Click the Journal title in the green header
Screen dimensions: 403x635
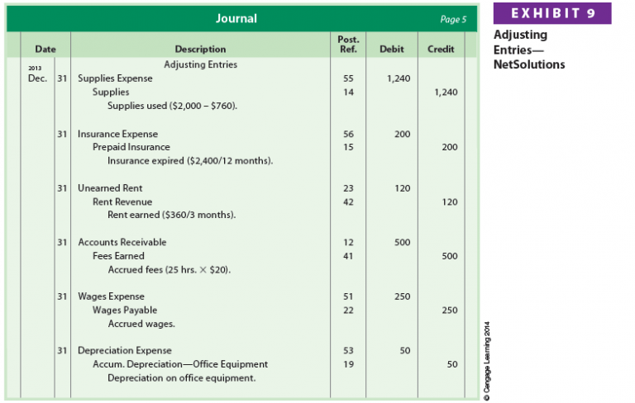coord(236,18)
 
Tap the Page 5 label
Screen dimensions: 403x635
coord(454,19)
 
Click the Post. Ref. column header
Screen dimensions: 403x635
coord(348,44)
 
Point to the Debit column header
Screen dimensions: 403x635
coord(391,50)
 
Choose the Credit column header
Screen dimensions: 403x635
coord(441,50)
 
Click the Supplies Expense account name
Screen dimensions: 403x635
coord(115,78)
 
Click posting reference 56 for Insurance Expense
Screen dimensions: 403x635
coord(348,134)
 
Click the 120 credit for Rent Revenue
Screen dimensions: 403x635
coord(449,201)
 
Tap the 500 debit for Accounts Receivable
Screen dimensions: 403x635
coord(402,242)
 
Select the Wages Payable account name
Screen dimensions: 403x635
coord(125,310)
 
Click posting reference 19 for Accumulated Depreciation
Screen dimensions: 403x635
coord(348,364)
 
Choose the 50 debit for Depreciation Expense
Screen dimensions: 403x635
coord(404,350)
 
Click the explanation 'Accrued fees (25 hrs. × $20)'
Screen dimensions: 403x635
coord(169,270)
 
